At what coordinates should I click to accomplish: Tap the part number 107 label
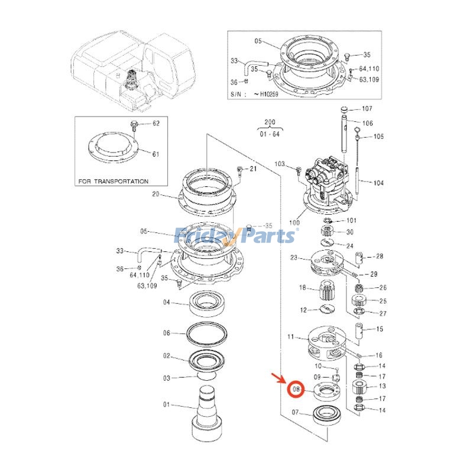tap(367, 109)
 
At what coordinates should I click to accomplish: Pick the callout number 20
tap(156, 194)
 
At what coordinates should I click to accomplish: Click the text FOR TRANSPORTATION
tap(113, 182)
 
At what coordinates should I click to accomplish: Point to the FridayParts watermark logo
tap(236, 236)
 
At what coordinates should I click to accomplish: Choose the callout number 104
tap(378, 183)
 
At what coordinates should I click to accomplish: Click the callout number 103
tap(280, 164)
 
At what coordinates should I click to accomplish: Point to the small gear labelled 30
tap(328, 231)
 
